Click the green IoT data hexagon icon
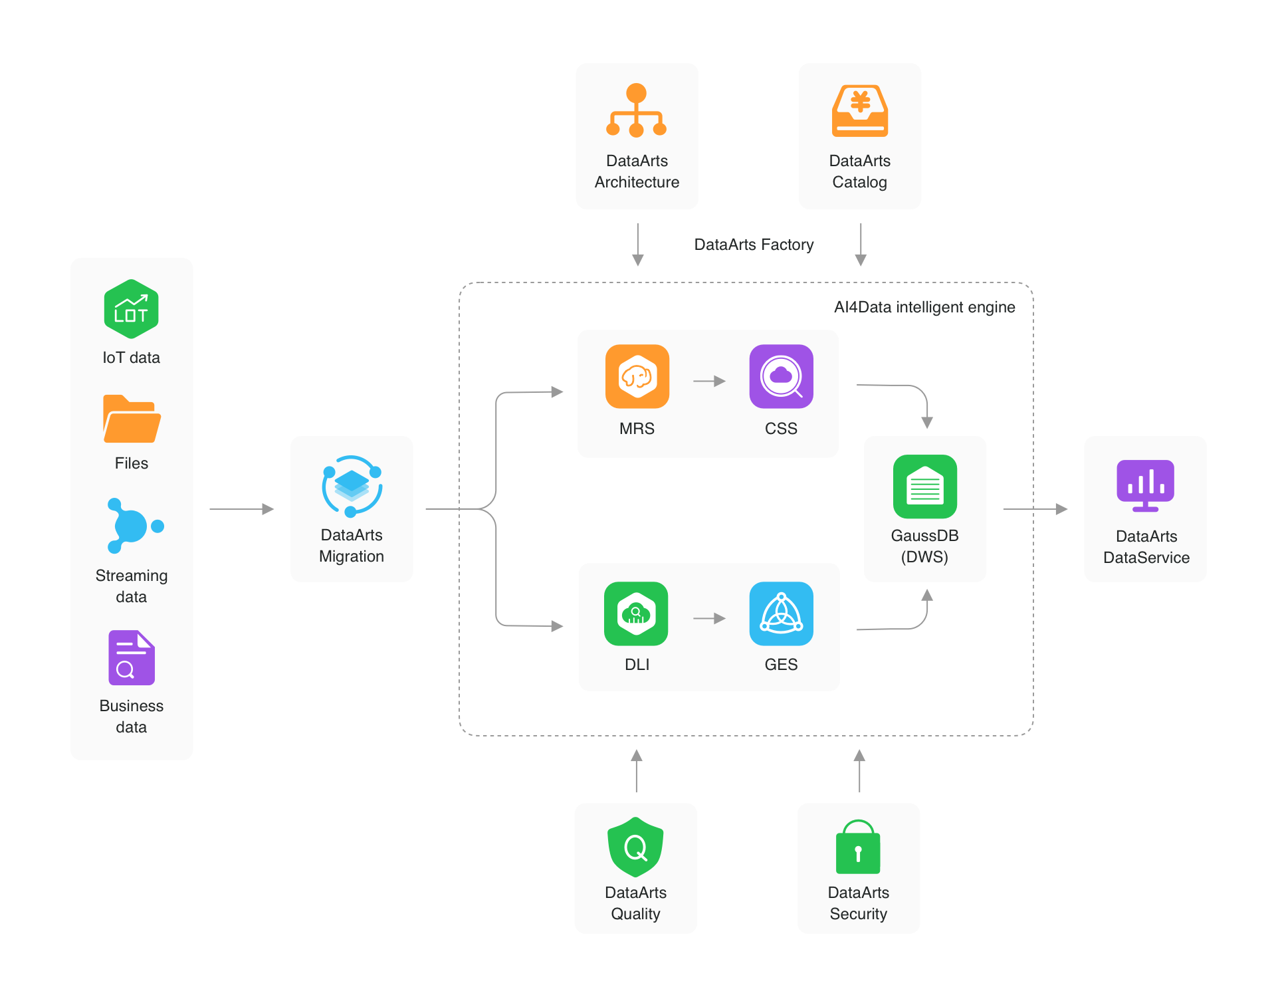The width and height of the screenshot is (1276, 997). (131, 309)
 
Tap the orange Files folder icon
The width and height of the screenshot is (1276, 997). (132, 419)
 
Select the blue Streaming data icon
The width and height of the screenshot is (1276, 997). (133, 526)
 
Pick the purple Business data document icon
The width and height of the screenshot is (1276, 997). (132, 657)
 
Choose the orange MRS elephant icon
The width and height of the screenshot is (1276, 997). (637, 376)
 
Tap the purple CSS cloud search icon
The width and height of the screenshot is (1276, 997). (781, 376)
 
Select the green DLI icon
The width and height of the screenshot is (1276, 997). (636, 613)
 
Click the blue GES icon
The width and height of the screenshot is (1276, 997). (781, 613)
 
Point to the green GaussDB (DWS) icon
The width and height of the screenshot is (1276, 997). (924, 487)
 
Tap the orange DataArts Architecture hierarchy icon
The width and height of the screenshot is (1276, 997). (636, 110)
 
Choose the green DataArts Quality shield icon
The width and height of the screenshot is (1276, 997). (635, 847)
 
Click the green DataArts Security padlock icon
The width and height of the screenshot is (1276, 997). (858, 847)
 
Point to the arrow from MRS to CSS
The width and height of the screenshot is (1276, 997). (709, 382)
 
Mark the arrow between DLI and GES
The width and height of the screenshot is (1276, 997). (709, 619)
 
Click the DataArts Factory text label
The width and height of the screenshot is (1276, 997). (754, 245)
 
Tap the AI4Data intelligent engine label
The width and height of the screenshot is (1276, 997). (924, 307)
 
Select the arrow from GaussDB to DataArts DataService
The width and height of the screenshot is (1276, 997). (1035, 509)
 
